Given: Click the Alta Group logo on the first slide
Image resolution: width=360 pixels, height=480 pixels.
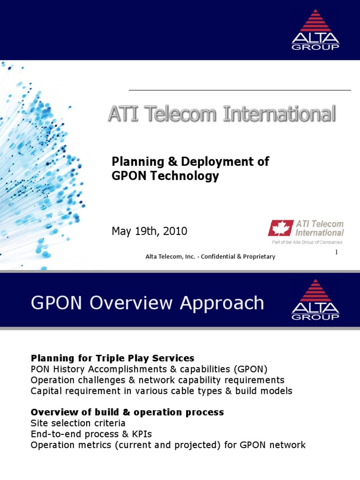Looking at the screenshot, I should point(315,30).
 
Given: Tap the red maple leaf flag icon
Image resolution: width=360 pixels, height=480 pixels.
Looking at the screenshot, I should point(280,228).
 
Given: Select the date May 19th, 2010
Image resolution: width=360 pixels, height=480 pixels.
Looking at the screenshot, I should point(149,231).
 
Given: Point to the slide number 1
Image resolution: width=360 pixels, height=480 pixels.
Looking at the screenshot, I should point(336,253).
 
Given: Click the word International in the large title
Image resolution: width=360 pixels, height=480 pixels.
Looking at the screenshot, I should point(279,114).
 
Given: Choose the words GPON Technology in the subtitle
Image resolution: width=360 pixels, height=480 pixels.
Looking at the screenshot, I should point(165,176).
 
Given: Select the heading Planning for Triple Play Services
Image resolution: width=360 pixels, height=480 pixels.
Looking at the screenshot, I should point(112,359).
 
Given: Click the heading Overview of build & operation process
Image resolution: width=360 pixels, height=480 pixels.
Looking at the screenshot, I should point(127,412).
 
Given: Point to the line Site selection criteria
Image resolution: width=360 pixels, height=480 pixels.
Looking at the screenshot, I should point(78,423).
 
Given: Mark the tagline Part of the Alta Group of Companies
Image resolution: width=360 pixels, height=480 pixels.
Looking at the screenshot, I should point(307,242).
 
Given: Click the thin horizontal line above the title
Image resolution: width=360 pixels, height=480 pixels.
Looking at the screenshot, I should point(240,90).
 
